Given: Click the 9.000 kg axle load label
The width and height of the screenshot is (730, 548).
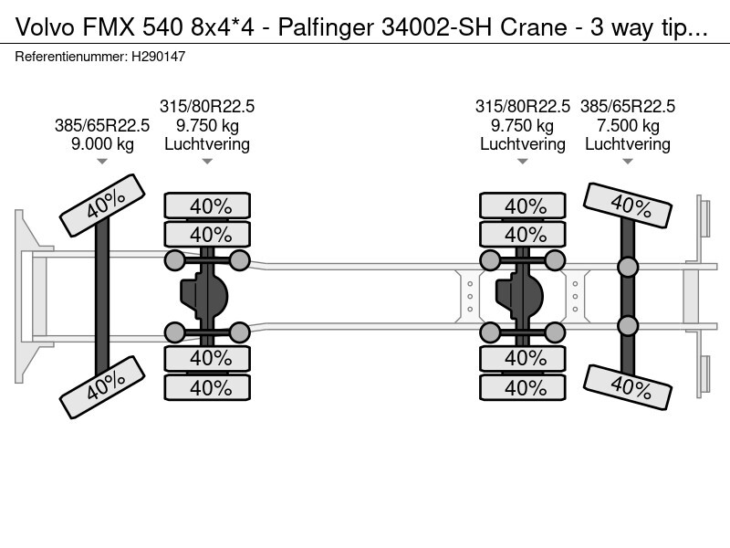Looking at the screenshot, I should pyautogui.click(x=101, y=144).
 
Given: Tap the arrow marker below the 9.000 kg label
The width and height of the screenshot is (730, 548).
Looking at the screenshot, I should pyautogui.click(x=101, y=163).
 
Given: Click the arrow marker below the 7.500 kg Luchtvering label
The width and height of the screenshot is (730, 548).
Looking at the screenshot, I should pyautogui.click(x=627, y=163).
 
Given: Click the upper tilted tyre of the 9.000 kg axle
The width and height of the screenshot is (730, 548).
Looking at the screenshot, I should pyautogui.click(x=102, y=207).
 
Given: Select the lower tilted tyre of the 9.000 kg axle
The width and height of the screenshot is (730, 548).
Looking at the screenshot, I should pyautogui.click(x=102, y=388).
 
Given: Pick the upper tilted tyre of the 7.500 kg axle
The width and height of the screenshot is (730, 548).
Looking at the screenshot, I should pyautogui.click(x=627, y=205).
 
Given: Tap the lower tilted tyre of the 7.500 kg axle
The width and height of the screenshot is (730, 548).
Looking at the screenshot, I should pyautogui.click(x=627, y=387).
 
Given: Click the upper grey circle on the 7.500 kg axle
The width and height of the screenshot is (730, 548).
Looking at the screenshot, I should pyautogui.click(x=627, y=267).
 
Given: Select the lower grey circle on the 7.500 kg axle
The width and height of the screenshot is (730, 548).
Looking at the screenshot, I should pyautogui.click(x=627, y=325).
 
